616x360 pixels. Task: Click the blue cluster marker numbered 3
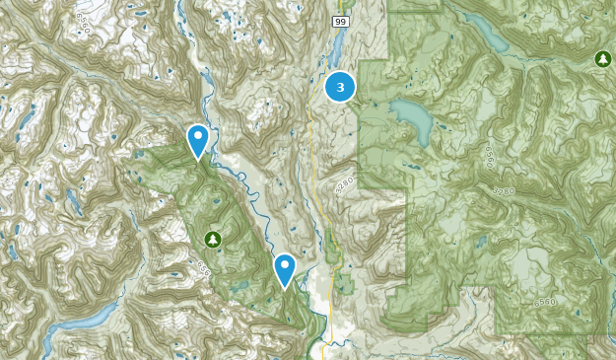click(x=341, y=88)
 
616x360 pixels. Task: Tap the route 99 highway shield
click(x=340, y=21)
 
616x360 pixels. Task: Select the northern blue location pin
click(x=198, y=140)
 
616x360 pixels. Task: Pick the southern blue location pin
click(x=285, y=268)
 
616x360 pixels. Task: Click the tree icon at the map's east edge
click(x=602, y=60)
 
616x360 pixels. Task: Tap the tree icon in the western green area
click(x=212, y=240)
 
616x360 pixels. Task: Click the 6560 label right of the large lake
click(x=485, y=157)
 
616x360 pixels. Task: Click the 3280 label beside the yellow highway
click(x=343, y=184)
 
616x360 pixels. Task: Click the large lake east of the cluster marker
click(x=414, y=118)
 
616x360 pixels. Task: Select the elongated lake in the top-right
click(x=491, y=36)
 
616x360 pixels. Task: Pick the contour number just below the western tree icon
click(x=204, y=266)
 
